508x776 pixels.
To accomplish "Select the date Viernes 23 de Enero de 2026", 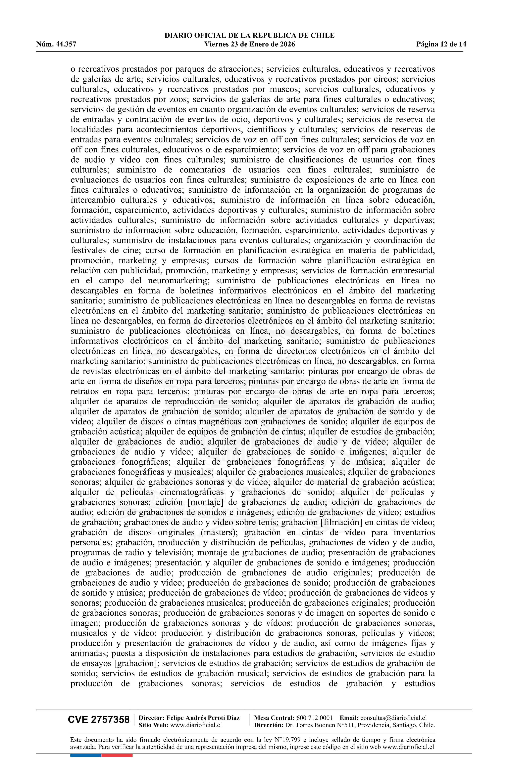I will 249,44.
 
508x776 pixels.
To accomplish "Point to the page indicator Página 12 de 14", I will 441,44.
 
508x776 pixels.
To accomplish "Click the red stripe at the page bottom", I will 117,755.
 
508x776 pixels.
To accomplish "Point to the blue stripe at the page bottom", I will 85,755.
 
